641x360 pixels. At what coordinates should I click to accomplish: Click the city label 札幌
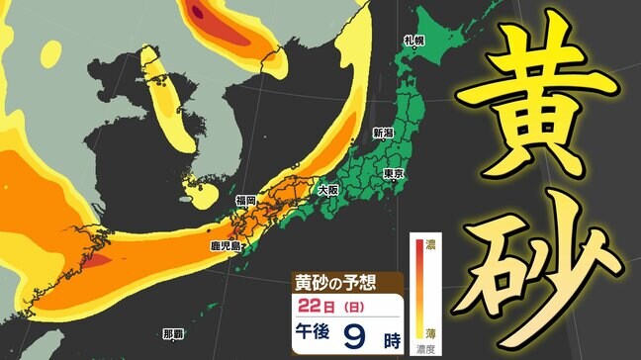point(413,41)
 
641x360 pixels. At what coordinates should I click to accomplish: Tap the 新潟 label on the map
point(383,133)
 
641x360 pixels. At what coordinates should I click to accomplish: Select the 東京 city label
point(392,174)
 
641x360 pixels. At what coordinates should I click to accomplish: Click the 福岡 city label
point(245,201)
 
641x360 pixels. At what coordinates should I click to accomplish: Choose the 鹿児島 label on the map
point(225,245)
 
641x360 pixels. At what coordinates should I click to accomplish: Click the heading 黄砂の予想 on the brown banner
point(333,282)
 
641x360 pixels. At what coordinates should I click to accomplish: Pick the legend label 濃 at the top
point(428,242)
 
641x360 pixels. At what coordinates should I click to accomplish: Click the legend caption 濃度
point(428,349)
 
